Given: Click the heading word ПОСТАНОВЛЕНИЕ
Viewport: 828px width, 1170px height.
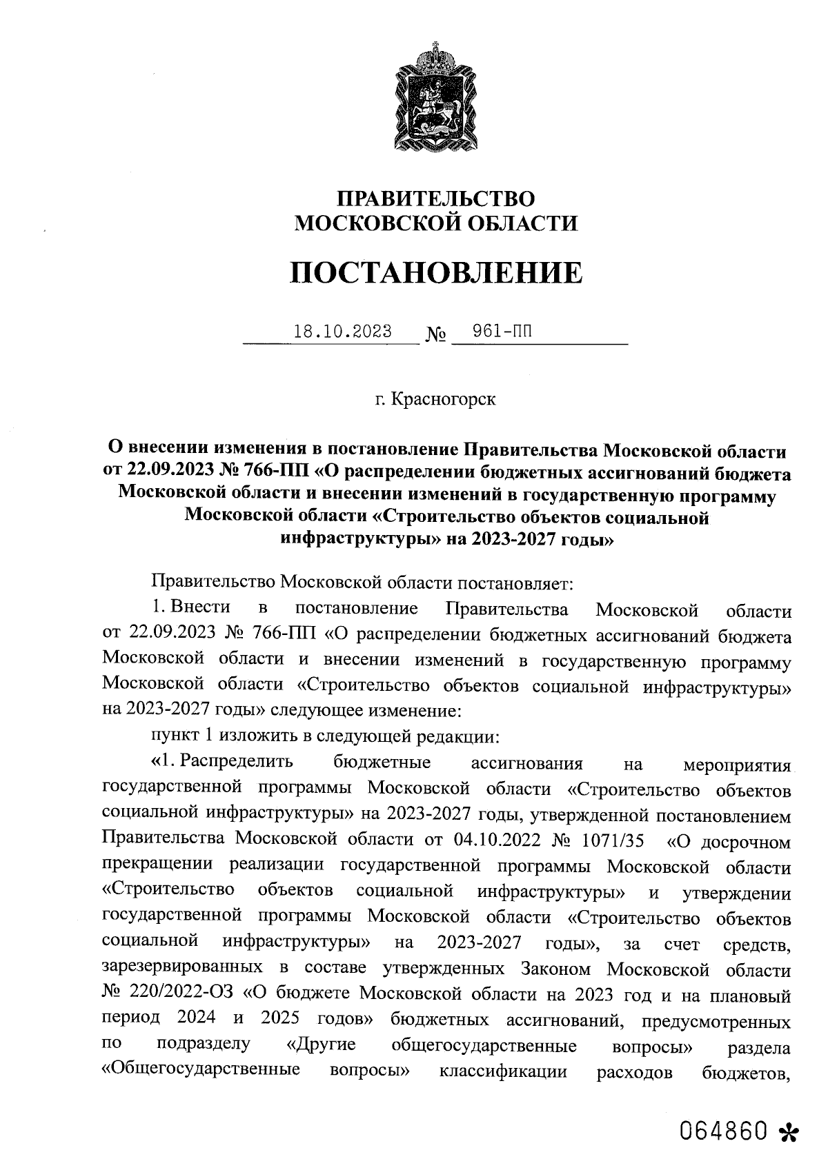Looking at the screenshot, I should click(435, 273).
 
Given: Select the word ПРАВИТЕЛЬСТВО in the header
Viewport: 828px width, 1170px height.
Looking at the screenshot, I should click(435, 199).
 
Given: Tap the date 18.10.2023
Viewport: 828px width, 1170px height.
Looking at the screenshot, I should click(342, 332).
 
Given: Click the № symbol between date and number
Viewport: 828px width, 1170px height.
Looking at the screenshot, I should click(436, 335).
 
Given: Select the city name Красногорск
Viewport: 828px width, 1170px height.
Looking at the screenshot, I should click(442, 399).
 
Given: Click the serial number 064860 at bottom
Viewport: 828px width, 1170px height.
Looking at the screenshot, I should click(724, 1131).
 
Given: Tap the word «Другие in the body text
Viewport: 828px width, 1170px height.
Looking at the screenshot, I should click(321, 1045).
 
